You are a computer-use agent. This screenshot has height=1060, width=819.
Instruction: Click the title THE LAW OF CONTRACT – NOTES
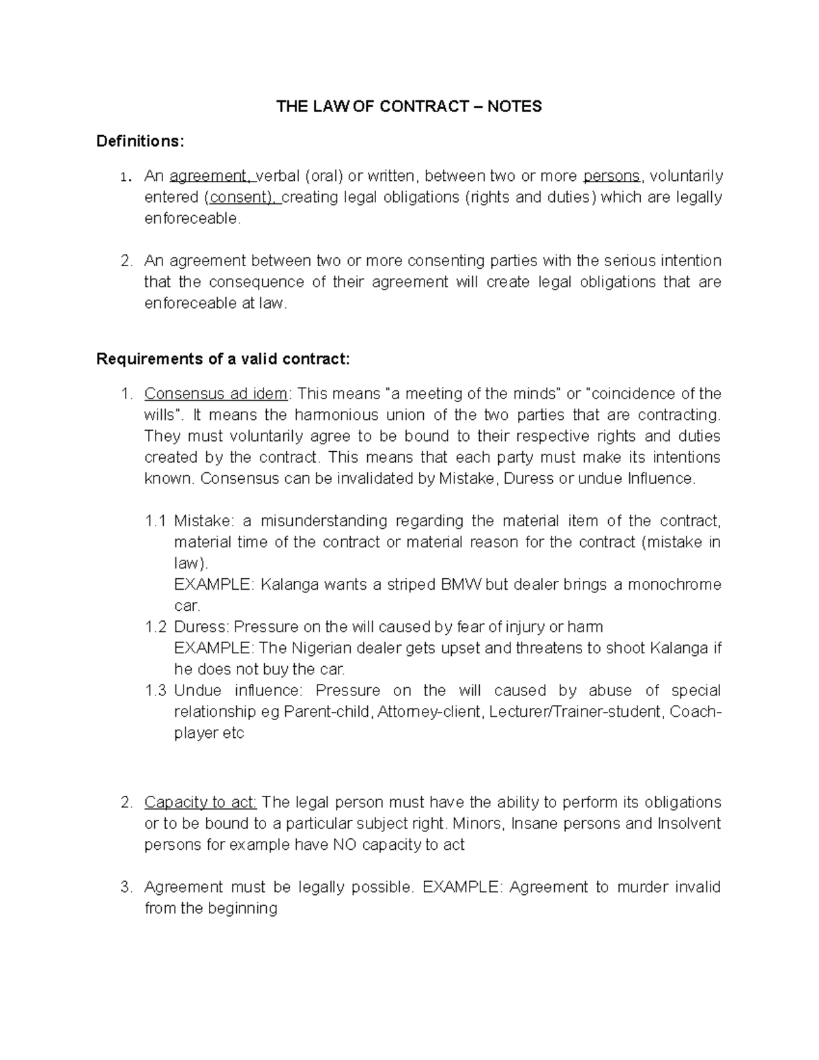tap(408, 106)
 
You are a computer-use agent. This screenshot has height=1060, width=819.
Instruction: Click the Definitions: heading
tap(140, 141)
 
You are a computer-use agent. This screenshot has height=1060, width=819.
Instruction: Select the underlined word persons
tap(612, 176)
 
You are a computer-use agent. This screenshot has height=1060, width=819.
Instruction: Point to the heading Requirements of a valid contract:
tap(222, 359)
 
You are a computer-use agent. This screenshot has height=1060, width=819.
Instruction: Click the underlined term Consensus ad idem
tap(216, 394)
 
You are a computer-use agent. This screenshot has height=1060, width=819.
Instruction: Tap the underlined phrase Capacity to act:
tap(200, 802)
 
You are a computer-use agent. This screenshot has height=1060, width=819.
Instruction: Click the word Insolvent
tap(689, 823)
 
